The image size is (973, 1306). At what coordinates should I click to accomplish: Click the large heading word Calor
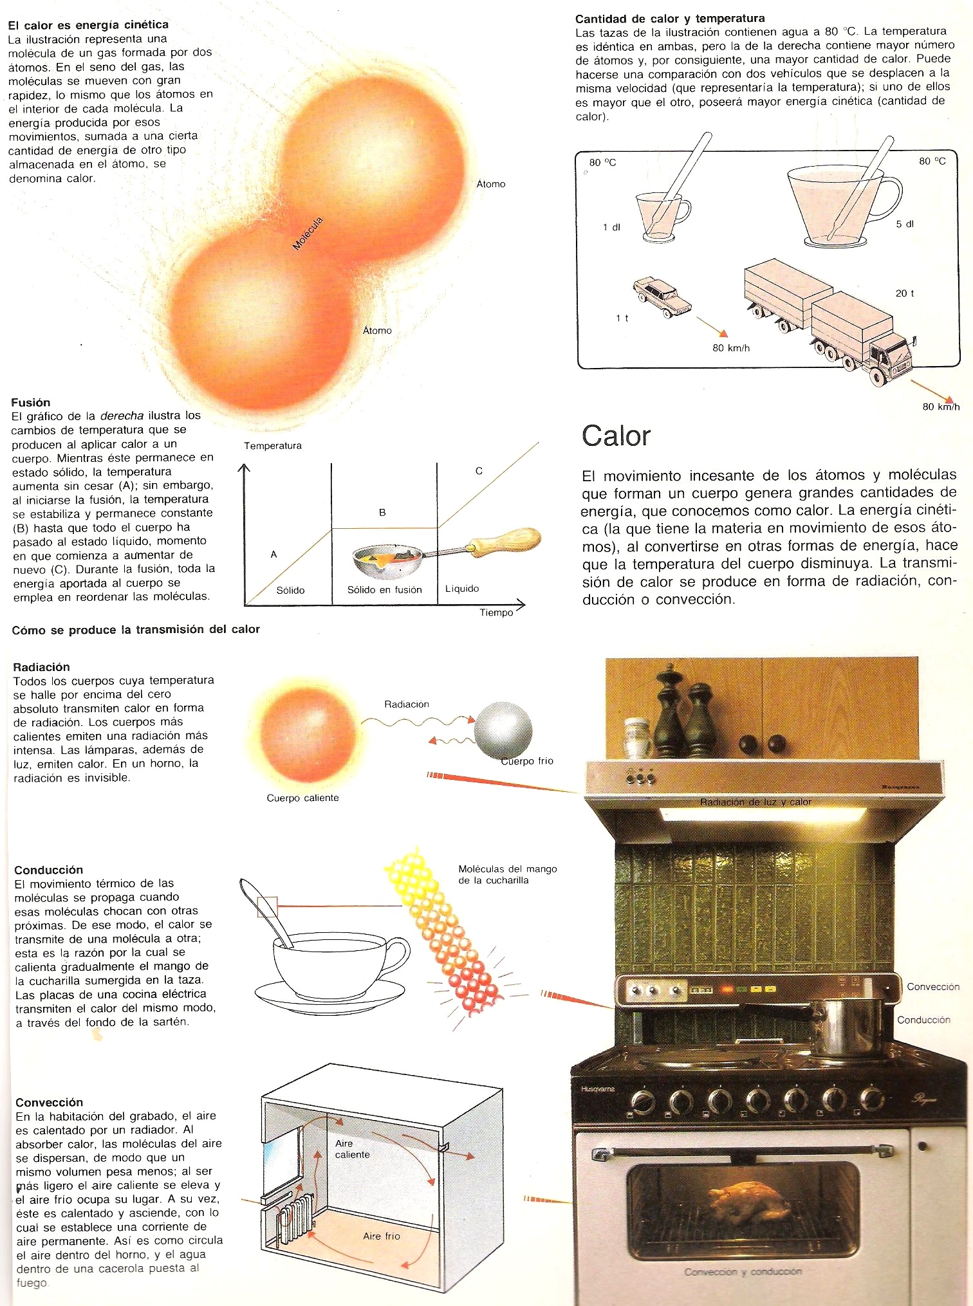pyautogui.click(x=616, y=436)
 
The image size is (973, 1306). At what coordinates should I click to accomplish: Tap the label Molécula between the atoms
pyautogui.click(x=308, y=234)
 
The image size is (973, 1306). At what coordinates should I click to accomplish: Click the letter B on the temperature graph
pyautogui.click(x=382, y=513)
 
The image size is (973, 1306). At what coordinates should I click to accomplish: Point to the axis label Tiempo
pyautogui.click(x=496, y=612)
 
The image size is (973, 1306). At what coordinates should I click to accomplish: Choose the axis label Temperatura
pyautogui.click(x=273, y=445)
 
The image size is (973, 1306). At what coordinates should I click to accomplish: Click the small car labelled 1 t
pyautogui.click(x=662, y=295)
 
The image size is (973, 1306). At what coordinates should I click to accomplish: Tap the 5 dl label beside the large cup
pyautogui.click(x=905, y=224)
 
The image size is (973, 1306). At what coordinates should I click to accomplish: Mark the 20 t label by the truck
pyautogui.click(x=905, y=293)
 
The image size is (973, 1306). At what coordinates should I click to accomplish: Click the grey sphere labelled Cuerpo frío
pyautogui.click(x=503, y=732)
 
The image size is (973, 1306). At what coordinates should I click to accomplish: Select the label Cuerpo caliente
pyautogui.click(x=302, y=798)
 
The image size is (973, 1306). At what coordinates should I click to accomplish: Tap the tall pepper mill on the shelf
pyautogui.click(x=669, y=713)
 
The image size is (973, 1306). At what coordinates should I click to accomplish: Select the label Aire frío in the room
pyautogui.click(x=382, y=1236)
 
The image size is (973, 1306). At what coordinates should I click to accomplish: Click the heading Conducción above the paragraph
pyautogui.click(x=49, y=870)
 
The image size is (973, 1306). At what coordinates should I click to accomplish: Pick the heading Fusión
pyautogui.click(x=30, y=402)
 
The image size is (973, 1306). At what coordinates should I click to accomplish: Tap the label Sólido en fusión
pyautogui.click(x=385, y=589)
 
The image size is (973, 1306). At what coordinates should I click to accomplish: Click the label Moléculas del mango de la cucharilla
pyautogui.click(x=508, y=874)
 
